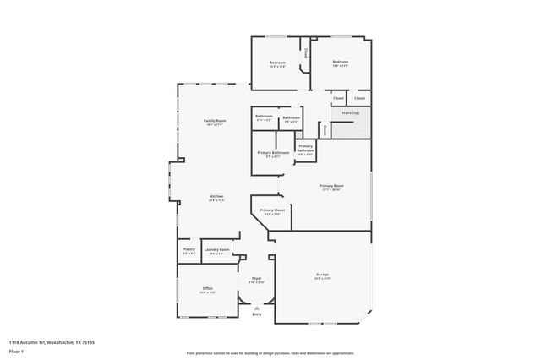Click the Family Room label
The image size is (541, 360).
pyautogui.click(x=215, y=121)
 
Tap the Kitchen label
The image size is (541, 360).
pyautogui.click(x=217, y=196)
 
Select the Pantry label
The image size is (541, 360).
pyautogui.click(x=189, y=249)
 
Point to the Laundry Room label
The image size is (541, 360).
pyautogui.click(x=216, y=249)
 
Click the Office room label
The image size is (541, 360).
pyautogui.click(x=207, y=288)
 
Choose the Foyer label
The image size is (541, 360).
pyautogui.click(x=256, y=278)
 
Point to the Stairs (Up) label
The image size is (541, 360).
pyautogui.click(x=350, y=112)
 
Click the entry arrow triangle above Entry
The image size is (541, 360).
pyautogui.click(x=256, y=308)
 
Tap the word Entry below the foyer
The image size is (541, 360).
pyautogui.click(x=256, y=314)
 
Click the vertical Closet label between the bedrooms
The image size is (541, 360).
pyautogui.click(x=305, y=52)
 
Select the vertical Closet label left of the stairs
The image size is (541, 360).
pyautogui.click(x=325, y=129)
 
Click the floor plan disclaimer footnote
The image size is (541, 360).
pyautogui.click(x=270, y=352)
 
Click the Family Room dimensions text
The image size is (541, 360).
pyautogui.click(x=215, y=125)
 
